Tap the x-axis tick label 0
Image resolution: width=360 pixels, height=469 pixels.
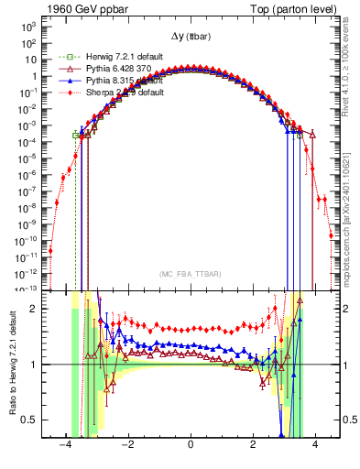191,444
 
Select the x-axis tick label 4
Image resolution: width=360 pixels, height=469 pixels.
315,444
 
